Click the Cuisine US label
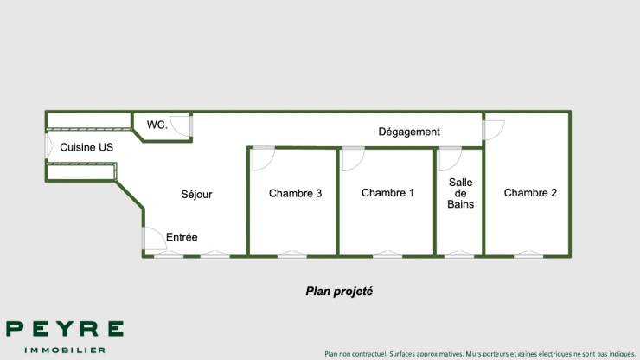[86, 147]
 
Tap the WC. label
[157, 125]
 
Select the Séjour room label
[196, 195]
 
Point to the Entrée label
[182, 237]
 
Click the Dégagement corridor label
[409, 132]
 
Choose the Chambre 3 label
[295, 193]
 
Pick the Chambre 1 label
[387, 193]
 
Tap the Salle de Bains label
[461, 193]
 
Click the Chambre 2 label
[530, 193]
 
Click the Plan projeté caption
[339, 292]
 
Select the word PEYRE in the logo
[65, 329]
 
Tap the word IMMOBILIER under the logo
[65, 350]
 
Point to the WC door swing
[182, 127]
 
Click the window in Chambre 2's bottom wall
[528, 254]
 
